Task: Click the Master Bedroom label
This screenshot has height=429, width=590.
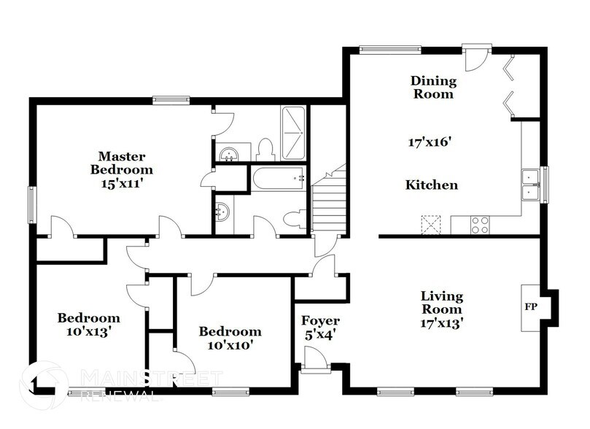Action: tap(123, 163)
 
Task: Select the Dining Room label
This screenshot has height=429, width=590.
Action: tap(432, 87)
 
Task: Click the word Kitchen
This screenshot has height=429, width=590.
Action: tap(432, 185)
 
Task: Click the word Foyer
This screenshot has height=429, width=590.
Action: tap(320, 321)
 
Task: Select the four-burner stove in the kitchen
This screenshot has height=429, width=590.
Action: tap(480, 225)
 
